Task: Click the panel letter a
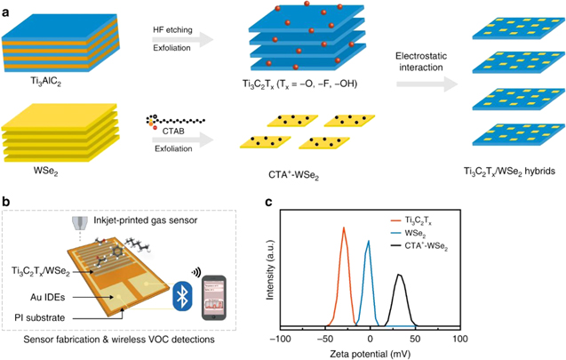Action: point(6,6)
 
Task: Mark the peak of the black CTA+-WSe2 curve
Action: point(400,275)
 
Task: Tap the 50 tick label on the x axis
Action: point(415,340)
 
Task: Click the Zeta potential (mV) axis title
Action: point(370,353)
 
